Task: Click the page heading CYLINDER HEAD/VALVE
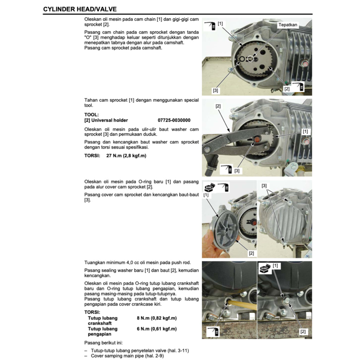(x=80, y=9)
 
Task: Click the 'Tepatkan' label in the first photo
(x=288, y=25)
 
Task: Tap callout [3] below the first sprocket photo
(x=215, y=90)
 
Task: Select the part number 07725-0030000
(x=174, y=120)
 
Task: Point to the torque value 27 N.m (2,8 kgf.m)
(x=126, y=155)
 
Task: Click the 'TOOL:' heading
(x=91, y=115)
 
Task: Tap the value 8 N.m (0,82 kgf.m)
(x=156, y=318)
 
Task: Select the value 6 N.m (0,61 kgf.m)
(x=156, y=329)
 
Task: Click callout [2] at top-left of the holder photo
(x=218, y=106)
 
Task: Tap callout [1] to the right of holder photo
(x=305, y=131)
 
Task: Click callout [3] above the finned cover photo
(x=264, y=185)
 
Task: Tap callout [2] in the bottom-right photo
(x=303, y=331)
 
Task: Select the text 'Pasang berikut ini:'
(x=104, y=342)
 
